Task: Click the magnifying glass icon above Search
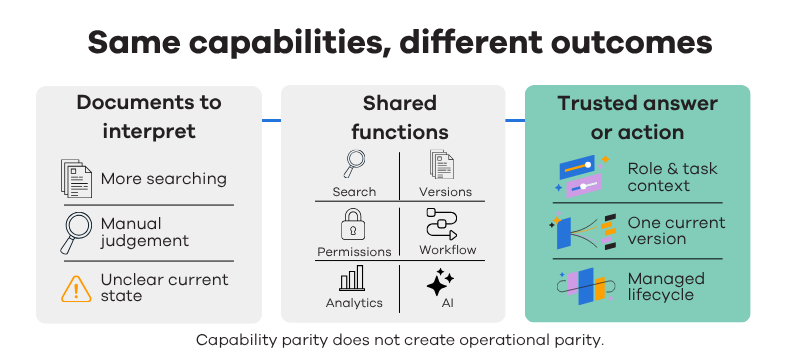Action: click(353, 163)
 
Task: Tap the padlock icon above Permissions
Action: click(353, 224)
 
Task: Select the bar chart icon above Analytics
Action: click(352, 278)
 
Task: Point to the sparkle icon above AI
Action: click(440, 283)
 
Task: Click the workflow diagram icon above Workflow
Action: click(441, 224)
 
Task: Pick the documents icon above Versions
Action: click(441, 164)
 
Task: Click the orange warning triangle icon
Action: click(76, 289)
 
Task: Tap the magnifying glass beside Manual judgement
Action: click(76, 233)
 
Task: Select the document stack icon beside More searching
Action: click(76, 178)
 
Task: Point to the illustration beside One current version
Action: click(583, 233)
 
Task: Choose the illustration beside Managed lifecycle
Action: click(584, 287)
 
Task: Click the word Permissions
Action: click(354, 252)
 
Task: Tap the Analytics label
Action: click(354, 303)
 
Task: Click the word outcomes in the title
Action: click(631, 42)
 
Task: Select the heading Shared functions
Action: click(400, 118)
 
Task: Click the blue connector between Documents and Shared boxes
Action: click(271, 120)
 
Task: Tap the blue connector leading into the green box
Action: click(515, 120)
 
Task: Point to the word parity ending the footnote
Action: click(581, 341)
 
